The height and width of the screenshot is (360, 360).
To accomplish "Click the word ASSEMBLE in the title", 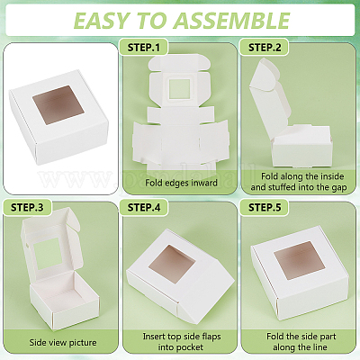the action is (x=231, y=21).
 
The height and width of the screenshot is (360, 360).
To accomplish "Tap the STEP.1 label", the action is (x=144, y=48).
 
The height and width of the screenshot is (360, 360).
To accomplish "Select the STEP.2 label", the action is (x=265, y=48).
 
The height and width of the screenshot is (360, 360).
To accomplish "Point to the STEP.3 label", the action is (x=27, y=208).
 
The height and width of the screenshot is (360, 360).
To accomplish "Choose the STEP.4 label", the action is (x=144, y=208).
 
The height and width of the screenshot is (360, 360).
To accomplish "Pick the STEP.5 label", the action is (x=265, y=208).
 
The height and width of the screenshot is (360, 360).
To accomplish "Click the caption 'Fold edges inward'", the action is (x=181, y=183).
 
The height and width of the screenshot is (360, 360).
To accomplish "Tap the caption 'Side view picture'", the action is (x=63, y=343).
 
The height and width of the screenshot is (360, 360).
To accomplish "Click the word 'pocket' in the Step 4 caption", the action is (x=189, y=347).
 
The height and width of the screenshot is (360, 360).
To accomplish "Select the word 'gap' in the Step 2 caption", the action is (x=339, y=187).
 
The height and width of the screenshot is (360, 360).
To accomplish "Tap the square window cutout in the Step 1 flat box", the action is (x=180, y=89).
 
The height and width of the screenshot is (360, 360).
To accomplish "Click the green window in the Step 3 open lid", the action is (x=48, y=254).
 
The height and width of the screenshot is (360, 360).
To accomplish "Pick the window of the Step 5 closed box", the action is (x=300, y=260).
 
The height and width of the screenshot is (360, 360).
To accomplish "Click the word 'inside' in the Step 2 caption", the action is (x=330, y=176).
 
